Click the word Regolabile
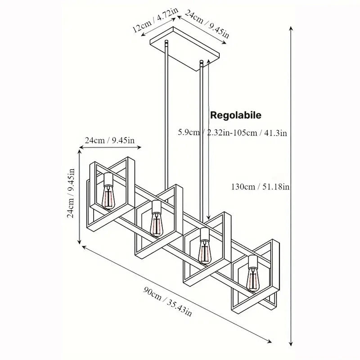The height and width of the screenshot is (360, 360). point(236,115)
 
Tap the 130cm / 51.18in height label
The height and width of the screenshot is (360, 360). point(260,187)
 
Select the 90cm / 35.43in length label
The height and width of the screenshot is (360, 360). point(167,301)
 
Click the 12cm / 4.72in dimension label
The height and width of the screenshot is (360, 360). point(154,22)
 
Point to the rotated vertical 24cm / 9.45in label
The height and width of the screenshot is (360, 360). point(71,193)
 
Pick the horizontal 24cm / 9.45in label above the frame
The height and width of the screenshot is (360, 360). point(110,140)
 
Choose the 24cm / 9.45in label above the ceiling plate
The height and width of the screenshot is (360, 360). point(207,24)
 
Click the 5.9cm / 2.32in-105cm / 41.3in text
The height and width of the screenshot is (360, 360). point(232,133)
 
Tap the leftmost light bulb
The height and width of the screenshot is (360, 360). point(108,197)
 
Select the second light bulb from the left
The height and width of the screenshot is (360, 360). point(156,224)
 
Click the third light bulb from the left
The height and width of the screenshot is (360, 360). point(204,252)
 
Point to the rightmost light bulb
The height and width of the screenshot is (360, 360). point(252,279)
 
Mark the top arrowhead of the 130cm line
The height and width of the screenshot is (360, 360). point(291,29)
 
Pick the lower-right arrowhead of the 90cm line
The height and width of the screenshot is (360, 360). point(269,341)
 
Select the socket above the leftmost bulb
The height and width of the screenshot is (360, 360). point(108,180)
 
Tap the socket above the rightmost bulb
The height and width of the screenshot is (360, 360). point(252,262)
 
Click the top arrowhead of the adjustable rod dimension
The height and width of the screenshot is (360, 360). point(208,61)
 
